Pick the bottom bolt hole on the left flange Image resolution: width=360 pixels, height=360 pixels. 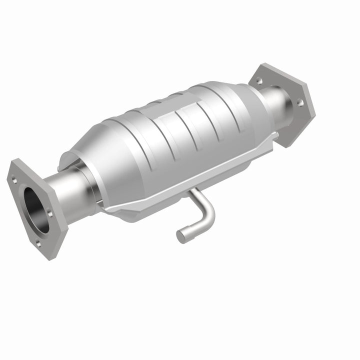coord(38,243)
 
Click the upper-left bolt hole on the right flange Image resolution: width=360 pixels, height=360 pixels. coord(259,80)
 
